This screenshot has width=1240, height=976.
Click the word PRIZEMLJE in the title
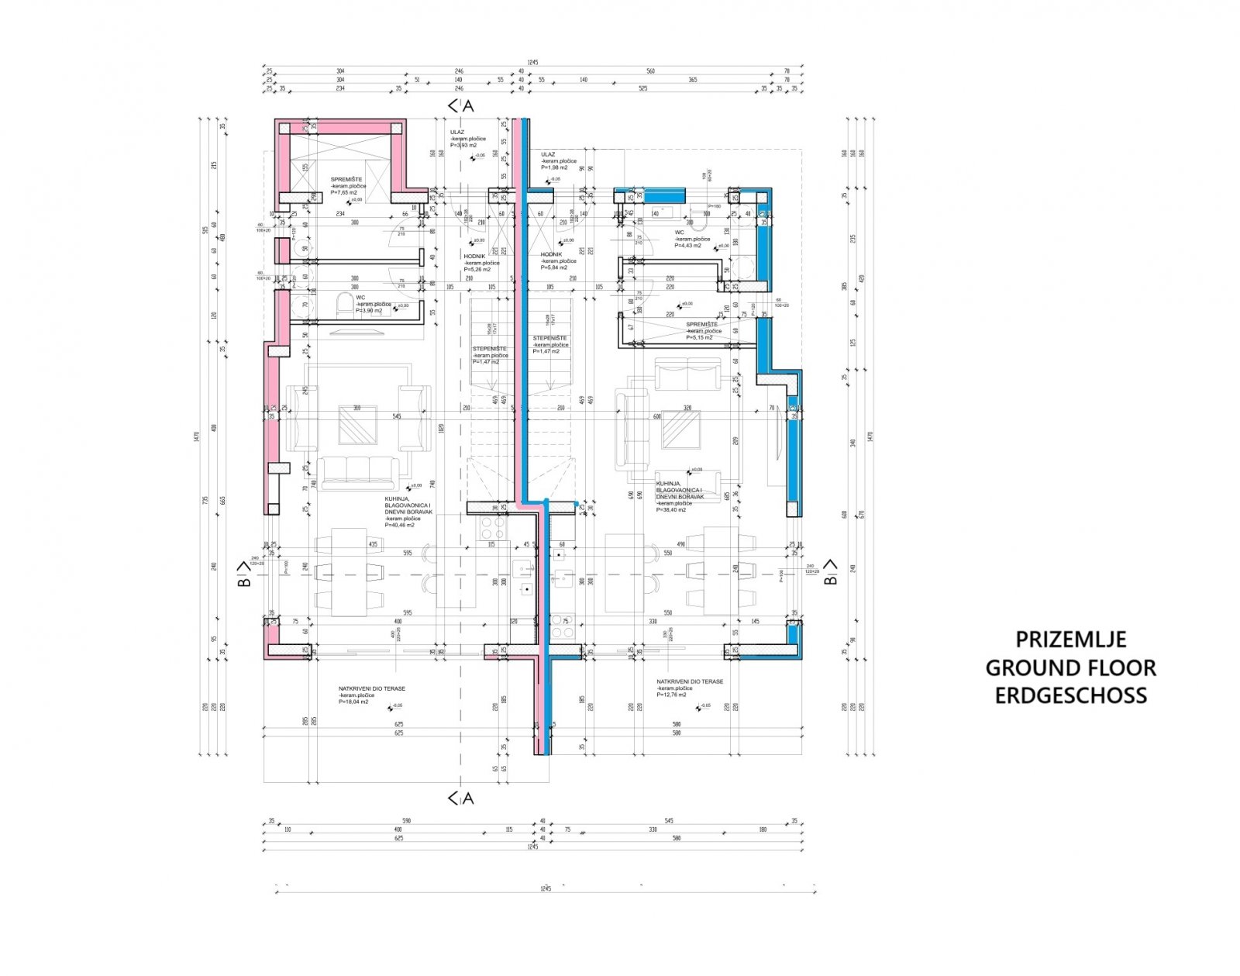(1070, 640)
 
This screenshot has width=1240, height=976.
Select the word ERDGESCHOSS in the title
(1070, 695)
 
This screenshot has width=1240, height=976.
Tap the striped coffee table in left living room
(356, 426)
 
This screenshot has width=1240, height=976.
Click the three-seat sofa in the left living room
(358, 472)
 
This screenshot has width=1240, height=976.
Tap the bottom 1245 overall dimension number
(546, 887)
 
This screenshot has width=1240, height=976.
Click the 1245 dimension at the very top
(532, 61)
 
